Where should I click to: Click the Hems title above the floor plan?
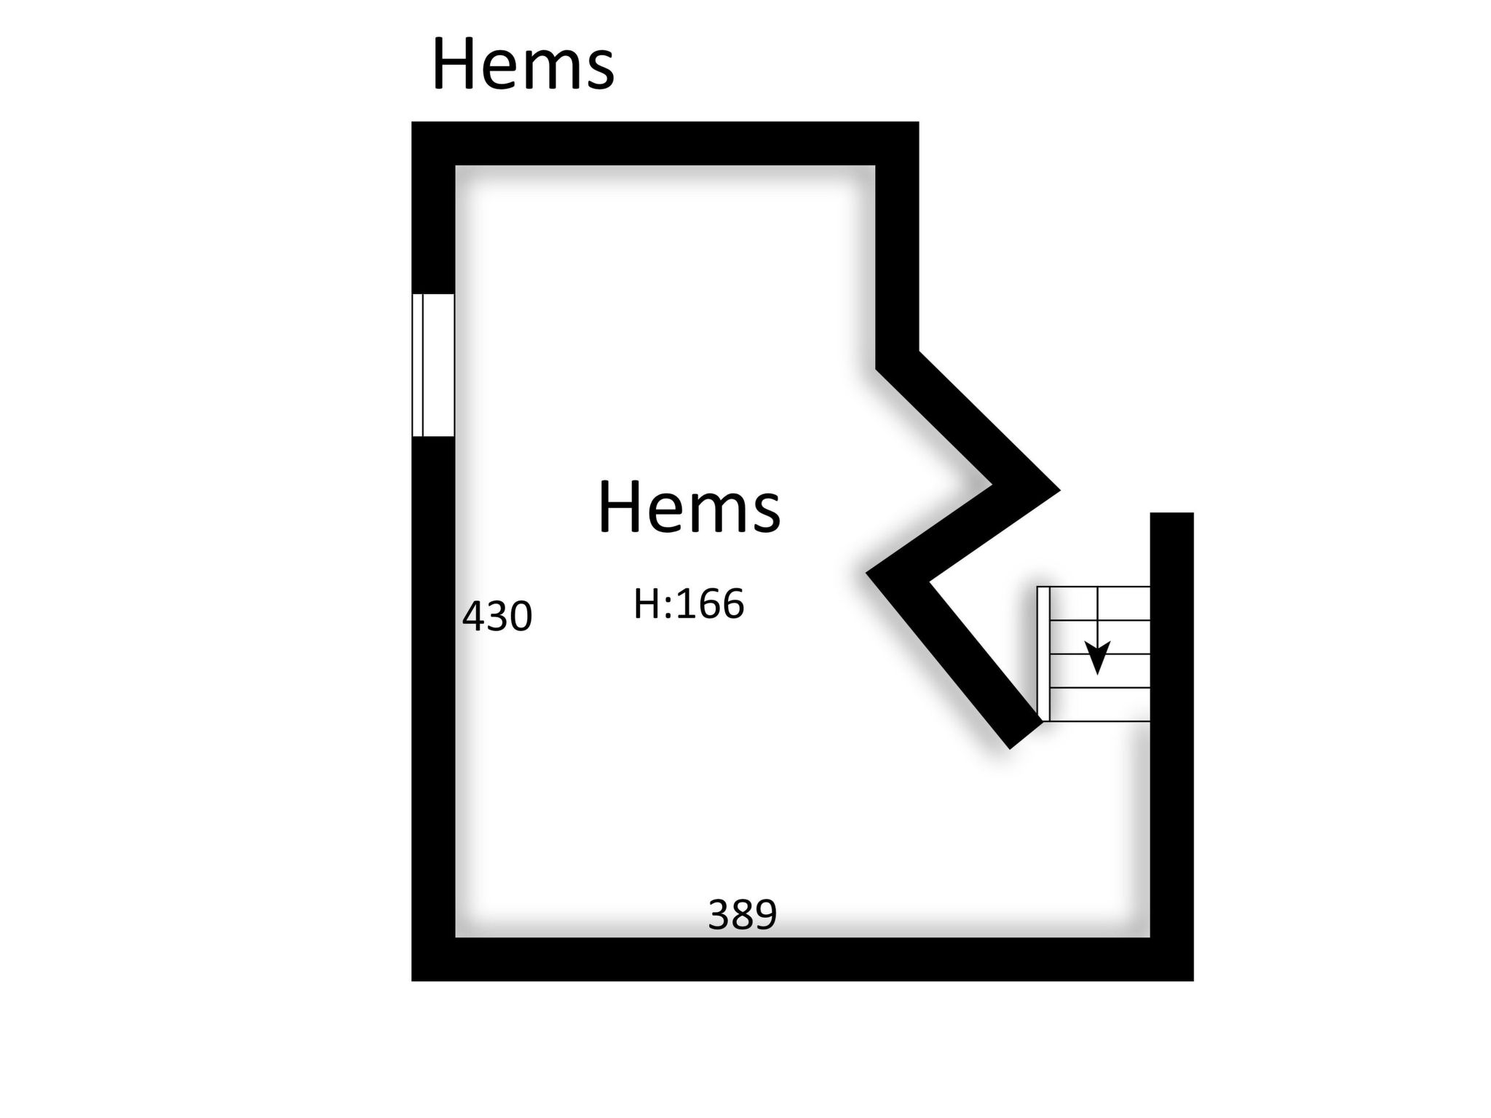(523, 65)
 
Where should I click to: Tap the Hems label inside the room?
(689, 507)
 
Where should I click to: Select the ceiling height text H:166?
(689, 604)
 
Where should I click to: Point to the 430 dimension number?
(497, 617)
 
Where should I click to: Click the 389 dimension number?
(743, 914)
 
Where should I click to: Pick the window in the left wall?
(433, 365)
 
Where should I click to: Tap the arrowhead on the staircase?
(1097, 658)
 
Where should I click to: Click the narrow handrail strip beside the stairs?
(1043, 654)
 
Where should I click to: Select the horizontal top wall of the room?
(665, 143)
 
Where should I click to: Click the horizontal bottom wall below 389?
(802, 959)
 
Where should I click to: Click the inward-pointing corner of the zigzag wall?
(867, 573)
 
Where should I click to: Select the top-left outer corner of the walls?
(413, 122)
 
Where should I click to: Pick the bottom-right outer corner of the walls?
(1193, 980)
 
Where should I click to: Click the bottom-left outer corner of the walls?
(413, 980)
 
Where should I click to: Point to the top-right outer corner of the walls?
(918, 122)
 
